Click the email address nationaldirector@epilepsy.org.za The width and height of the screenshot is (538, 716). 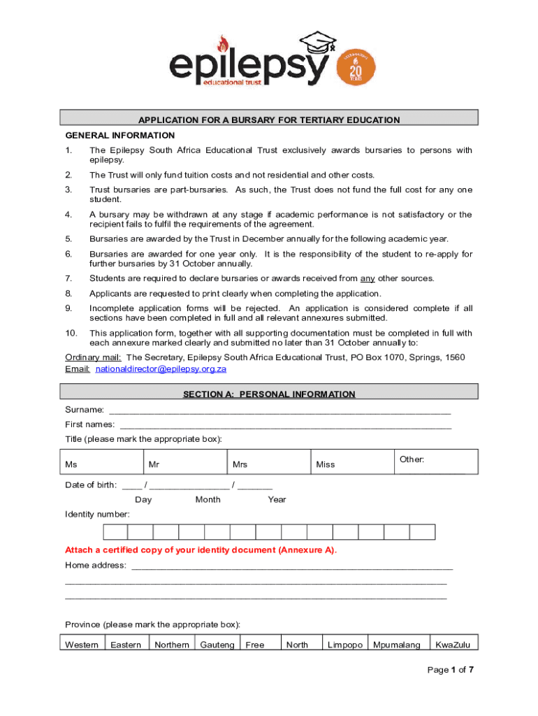click(161, 369)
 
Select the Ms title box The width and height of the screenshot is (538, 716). click(101, 462)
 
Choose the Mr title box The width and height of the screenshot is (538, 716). click(184, 462)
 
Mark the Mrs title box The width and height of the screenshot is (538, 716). click(268, 462)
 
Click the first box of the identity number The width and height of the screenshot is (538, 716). click(115, 532)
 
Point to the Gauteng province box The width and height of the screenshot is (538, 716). click(217, 645)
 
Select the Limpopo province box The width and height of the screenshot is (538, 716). click(345, 645)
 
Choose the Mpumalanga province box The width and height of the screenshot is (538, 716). click(397, 645)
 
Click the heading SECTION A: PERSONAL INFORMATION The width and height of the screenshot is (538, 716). click(269, 394)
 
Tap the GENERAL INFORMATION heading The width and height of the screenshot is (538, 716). click(119, 136)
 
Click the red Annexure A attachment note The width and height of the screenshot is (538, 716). click(201, 550)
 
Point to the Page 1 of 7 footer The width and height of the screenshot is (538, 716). click(451, 670)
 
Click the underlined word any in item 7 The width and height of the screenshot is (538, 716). click(368, 278)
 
